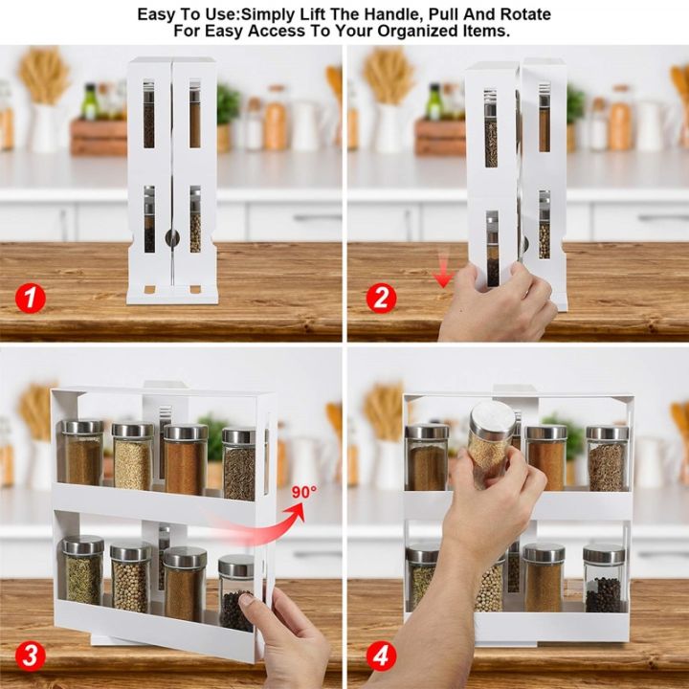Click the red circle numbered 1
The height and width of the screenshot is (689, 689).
pos(30,299)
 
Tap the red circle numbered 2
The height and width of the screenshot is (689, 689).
pos(380,299)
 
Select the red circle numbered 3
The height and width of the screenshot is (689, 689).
pos(30,656)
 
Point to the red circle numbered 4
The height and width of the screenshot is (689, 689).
pos(380,656)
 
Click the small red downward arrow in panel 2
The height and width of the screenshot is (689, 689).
pos(442,277)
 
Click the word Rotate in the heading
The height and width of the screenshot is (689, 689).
pos(522,15)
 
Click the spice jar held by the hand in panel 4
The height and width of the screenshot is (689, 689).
pos(489,443)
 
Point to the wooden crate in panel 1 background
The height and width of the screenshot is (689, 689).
pos(99,136)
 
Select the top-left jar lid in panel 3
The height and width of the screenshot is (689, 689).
pos(82,427)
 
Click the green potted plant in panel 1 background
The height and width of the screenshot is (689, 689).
pos(228,103)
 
